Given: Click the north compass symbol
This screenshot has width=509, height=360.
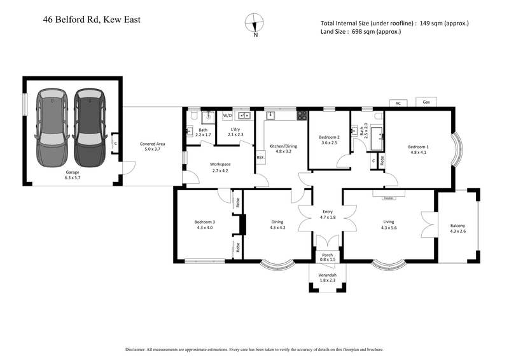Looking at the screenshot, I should pos(255,23).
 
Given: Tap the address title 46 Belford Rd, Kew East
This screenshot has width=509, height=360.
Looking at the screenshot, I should pos(92,19).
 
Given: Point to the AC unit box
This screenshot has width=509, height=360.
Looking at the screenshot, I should pos(398,102).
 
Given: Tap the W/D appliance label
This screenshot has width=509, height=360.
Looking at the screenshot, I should pos(227,116).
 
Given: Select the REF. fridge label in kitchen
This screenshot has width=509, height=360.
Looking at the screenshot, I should pos(260,157).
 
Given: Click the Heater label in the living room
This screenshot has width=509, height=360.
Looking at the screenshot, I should pos(389,198).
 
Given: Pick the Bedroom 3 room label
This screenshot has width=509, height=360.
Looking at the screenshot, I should pos(205,222).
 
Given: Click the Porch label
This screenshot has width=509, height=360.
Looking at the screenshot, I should pos(327,254).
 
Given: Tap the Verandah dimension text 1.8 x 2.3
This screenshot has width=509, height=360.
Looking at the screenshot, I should pos(327,280).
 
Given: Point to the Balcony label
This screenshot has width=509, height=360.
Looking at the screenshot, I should pos(457,225).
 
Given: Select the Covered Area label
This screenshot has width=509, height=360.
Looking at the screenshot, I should pos(152,144).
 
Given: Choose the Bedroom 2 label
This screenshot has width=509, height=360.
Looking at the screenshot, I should pos(329,137).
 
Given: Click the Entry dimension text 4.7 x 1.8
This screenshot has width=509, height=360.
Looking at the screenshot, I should pos(328,218).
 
